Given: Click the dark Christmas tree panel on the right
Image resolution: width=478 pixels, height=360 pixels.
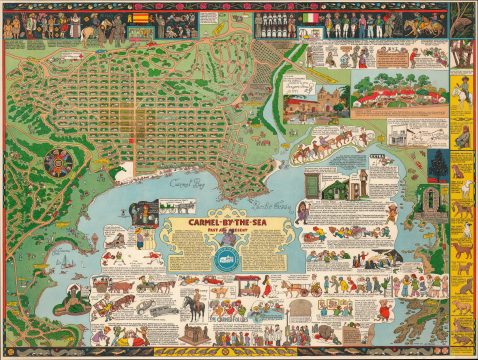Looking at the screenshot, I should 438,165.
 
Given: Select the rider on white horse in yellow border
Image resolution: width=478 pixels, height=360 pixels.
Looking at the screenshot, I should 462,95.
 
